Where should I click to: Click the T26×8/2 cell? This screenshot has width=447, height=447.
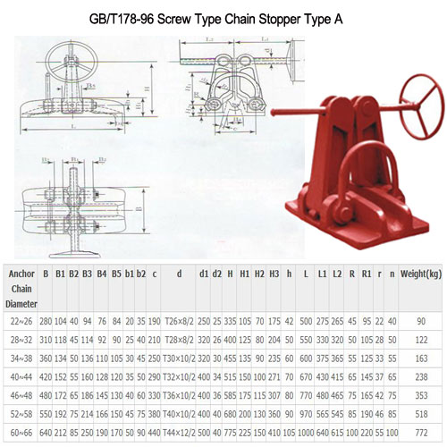click(x=179, y=321)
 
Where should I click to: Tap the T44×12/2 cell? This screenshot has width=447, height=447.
click(x=179, y=433)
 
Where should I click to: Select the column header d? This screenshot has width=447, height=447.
click(x=179, y=274)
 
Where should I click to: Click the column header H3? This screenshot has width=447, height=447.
click(x=275, y=274)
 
